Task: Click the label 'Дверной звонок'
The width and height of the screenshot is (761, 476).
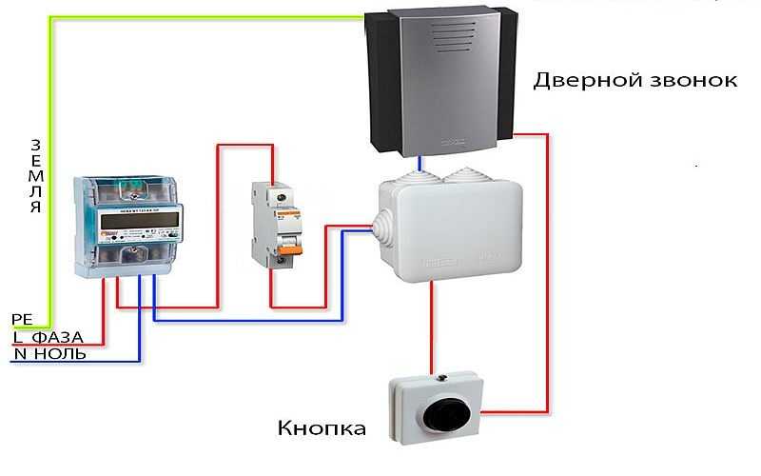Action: (634, 81)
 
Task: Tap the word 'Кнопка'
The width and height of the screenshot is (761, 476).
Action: (322, 428)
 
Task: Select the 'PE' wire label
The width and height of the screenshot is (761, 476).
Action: (22, 319)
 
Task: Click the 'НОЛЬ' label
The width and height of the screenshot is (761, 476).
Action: (60, 353)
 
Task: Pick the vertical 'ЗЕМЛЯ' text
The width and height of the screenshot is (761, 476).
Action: (35, 176)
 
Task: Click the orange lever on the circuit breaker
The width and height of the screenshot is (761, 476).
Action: (290, 249)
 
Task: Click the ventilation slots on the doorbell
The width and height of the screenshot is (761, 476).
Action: (455, 37)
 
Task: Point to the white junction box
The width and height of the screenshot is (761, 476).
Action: (451, 229)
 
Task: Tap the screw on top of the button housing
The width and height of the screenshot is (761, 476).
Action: (441, 377)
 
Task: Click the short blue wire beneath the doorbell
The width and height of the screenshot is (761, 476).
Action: (420, 164)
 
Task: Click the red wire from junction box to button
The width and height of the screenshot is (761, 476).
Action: (431, 327)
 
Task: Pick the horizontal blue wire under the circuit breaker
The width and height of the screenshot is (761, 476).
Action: (248, 320)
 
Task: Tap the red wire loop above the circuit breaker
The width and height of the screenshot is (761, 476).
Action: (245, 145)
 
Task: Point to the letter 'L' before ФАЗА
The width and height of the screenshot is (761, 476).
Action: (18, 337)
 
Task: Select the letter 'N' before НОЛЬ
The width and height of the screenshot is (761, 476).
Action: (20, 353)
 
